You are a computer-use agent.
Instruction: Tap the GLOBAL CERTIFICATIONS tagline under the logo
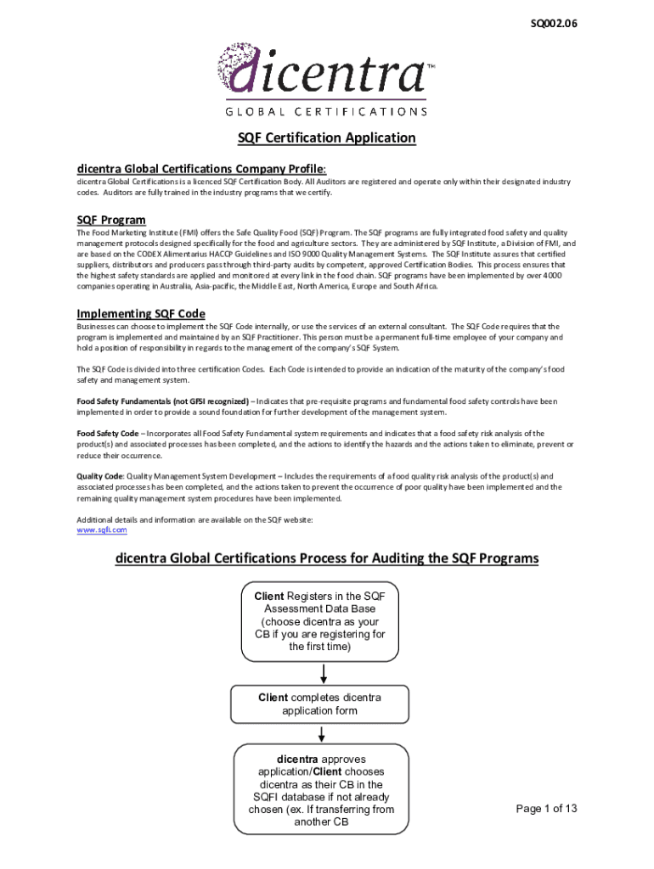pos(326,111)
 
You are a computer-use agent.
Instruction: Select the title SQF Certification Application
pos(326,138)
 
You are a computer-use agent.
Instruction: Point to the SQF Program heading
pos(110,220)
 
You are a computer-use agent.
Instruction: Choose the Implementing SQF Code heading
pos(140,313)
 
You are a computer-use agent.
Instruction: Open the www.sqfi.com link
pos(102,530)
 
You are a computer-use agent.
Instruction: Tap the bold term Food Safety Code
pos(108,433)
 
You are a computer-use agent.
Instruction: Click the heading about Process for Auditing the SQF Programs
pos(326,558)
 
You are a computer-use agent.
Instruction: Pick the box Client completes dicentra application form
pos(319,704)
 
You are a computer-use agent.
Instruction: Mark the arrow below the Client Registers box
pos(324,673)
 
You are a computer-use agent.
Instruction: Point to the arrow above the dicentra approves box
pos(322,733)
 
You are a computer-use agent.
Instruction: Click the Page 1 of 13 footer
pos(546,809)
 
